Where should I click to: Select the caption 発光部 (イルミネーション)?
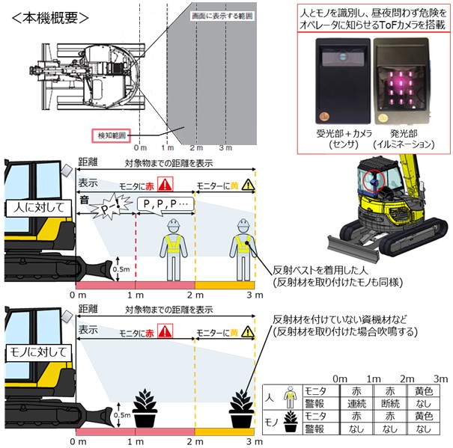(x=404, y=138)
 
